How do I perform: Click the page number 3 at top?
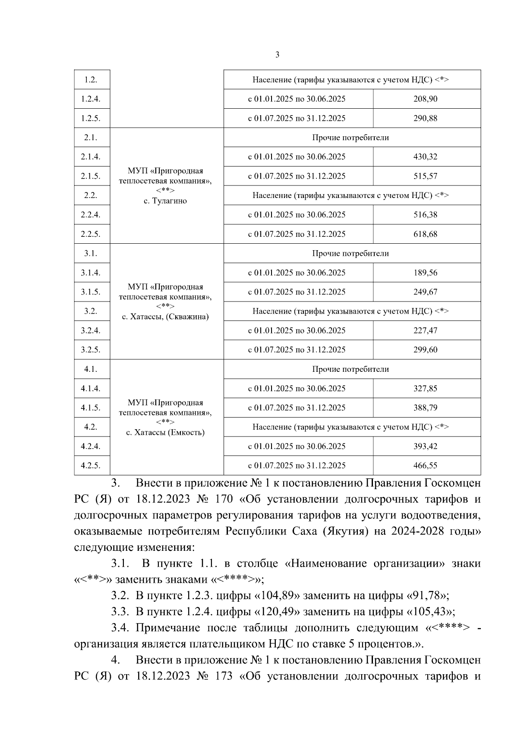[277, 55]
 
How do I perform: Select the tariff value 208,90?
[425, 99]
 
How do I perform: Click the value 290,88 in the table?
[425, 118]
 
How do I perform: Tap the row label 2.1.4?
[91, 157]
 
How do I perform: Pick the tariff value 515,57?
[425, 176]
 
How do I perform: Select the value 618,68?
[425, 234]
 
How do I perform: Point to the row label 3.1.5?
[91, 292]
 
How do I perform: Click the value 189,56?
[425, 273]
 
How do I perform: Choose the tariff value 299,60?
[425, 350]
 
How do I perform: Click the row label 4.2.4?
[91, 446]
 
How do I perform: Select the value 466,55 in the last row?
[425, 465]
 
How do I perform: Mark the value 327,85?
[425, 388]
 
